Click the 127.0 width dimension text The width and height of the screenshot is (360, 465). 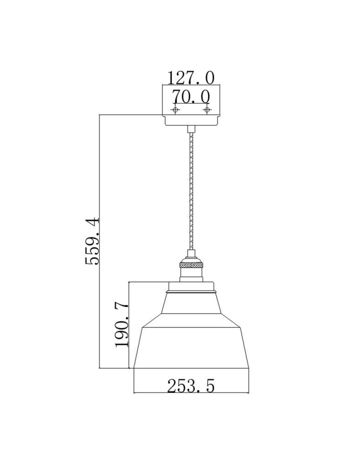pos(191,77)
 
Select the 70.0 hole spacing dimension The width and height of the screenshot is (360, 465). pos(191,96)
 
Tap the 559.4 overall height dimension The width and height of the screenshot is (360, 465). pos(92,240)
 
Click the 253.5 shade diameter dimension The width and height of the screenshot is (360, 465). pos(191,385)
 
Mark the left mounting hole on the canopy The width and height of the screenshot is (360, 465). pos(175,110)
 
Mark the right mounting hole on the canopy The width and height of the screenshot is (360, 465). pos(207,110)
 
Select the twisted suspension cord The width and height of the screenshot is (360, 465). pos(191,191)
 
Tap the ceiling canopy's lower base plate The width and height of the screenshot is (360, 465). pos(191,120)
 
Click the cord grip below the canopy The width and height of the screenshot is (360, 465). pos(191,129)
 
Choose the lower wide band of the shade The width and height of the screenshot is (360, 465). pos(191,346)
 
